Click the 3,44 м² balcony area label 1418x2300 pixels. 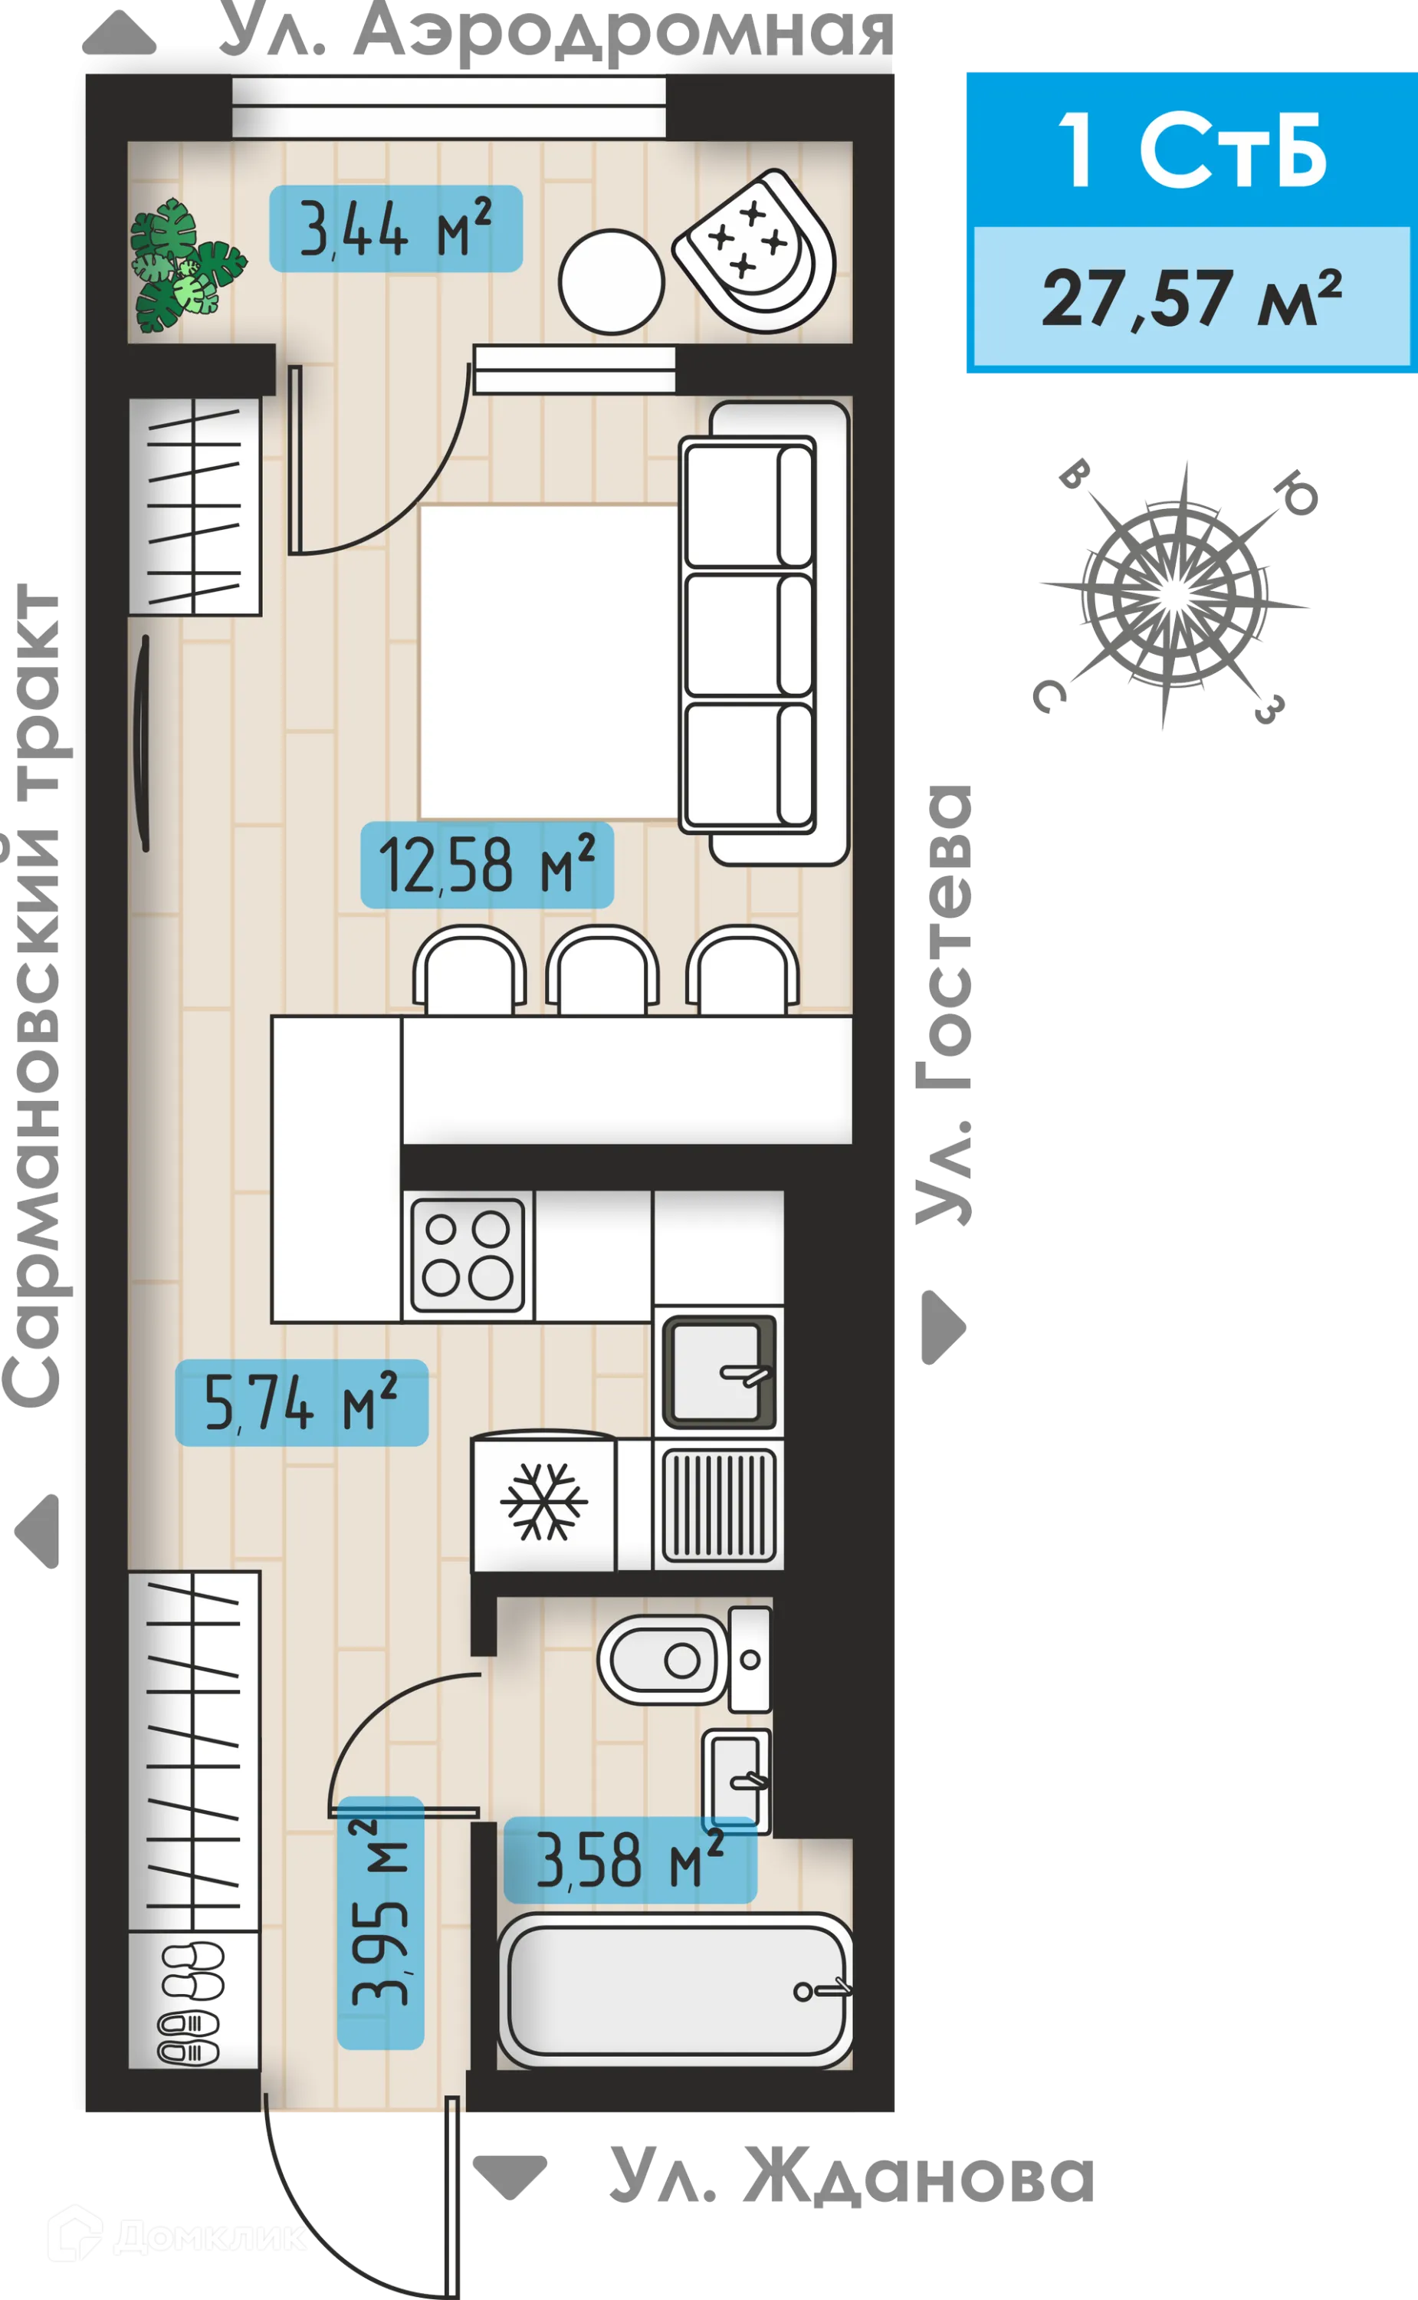(x=395, y=229)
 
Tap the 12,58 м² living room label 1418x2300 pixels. (x=487, y=865)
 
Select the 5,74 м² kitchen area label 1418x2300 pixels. (x=301, y=1402)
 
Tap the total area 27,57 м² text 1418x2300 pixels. (x=1191, y=297)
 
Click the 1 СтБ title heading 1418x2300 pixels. (x=1191, y=150)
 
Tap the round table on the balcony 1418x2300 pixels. (x=612, y=281)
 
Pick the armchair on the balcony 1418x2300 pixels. (x=756, y=249)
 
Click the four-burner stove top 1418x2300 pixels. (x=467, y=1254)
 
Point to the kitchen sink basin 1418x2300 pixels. (x=718, y=1372)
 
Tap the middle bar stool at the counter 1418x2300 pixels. (x=602, y=971)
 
